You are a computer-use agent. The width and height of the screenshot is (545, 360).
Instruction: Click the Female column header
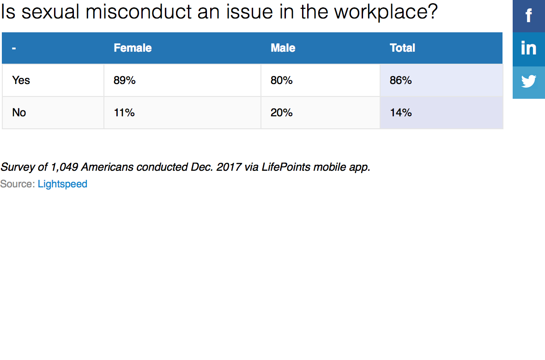point(133,48)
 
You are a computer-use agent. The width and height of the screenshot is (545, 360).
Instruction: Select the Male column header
point(283,48)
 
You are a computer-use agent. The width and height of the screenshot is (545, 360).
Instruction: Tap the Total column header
point(402,48)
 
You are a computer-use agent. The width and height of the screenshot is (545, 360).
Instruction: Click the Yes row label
point(21,80)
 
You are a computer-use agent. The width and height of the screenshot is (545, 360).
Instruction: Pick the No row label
point(19,113)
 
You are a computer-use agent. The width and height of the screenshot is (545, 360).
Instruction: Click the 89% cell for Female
point(125,80)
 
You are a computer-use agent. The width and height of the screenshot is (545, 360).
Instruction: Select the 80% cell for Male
point(282,80)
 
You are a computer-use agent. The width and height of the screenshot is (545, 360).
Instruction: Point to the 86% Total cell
point(400,80)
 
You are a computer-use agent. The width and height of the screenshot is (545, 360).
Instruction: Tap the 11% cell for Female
point(124,113)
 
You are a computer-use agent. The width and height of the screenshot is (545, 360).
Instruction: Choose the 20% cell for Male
point(282,113)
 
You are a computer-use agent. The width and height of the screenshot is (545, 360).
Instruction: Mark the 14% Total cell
point(400,113)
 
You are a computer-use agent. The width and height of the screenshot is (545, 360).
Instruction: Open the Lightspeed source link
point(62,184)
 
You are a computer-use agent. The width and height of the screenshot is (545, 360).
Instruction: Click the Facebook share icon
point(529,16)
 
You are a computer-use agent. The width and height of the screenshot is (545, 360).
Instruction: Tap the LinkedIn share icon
point(529,48)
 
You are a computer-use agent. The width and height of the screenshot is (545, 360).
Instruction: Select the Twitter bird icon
point(529,82)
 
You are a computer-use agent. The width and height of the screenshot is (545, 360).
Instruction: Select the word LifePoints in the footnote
point(286,167)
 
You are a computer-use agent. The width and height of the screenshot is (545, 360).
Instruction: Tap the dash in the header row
point(14,48)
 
